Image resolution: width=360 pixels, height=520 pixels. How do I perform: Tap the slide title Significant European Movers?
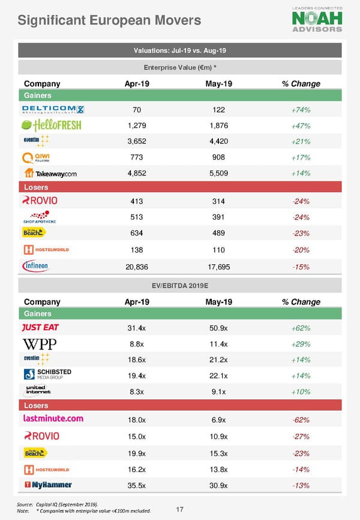[x=109, y=21]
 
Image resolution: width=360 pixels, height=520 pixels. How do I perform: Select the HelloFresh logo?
[x=51, y=125]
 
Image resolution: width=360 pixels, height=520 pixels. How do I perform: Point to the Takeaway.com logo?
[x=50, y=173]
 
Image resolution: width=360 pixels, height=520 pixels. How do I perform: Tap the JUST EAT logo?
[x=40, y=327]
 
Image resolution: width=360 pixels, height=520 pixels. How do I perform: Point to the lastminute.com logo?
[x=53, y=419]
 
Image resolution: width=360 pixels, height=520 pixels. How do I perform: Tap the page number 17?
[x=179, y=510]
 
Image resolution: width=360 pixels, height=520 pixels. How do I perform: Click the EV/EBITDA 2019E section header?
[x=179, y=285]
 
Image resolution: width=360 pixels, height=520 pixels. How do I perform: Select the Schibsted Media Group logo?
[x=47, y=374]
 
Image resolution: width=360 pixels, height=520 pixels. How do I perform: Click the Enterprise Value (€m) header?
[x=179, y=67]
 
